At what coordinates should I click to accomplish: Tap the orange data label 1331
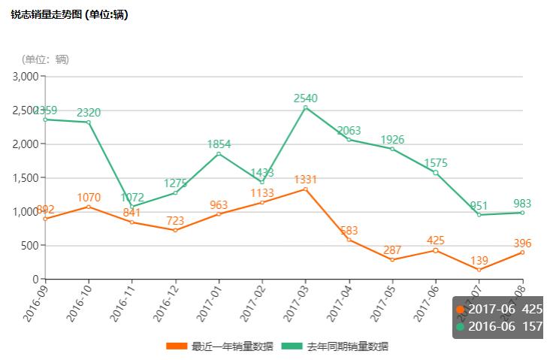pos(305,179)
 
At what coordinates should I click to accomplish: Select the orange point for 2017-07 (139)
pos(479,270)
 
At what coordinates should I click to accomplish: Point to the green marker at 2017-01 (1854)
pos(219,154)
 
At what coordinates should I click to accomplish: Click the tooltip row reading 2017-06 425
pos(499,310)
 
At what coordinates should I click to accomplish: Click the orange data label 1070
pos(89,198)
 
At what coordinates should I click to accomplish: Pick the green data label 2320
pos(89,113)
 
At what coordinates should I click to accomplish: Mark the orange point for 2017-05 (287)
pos(392,260)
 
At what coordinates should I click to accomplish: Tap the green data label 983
pos(521,203)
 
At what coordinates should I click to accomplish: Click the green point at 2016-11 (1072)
pos(132,207)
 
